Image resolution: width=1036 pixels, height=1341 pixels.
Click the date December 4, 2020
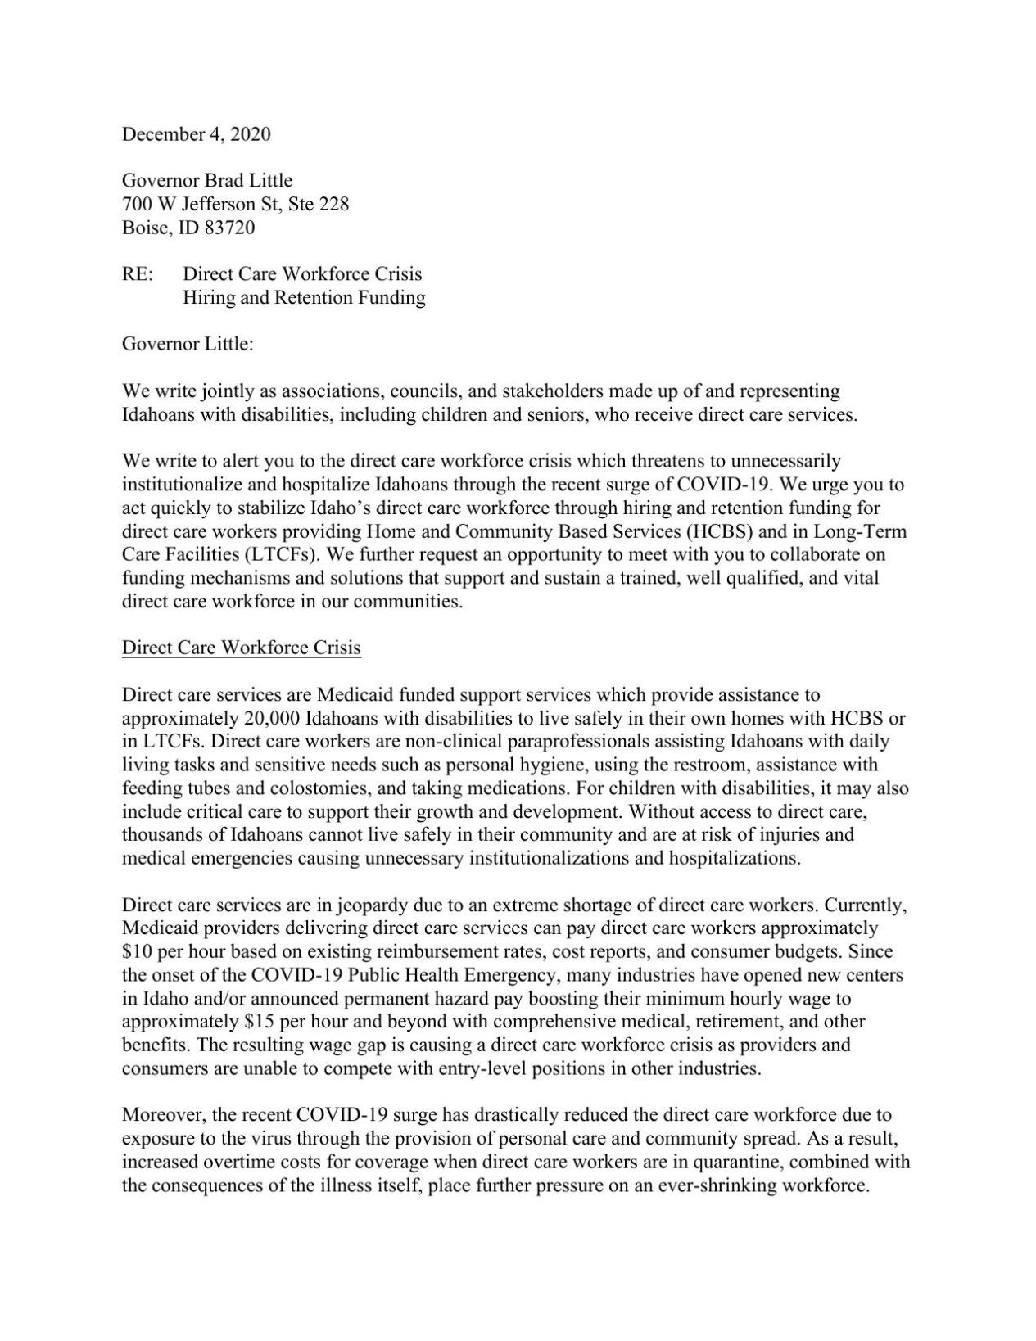196,134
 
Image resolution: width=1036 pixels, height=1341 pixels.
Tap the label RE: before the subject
137,274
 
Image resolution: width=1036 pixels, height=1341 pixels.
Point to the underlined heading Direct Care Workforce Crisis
241,648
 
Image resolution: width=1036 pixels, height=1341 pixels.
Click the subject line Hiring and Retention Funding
304,298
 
